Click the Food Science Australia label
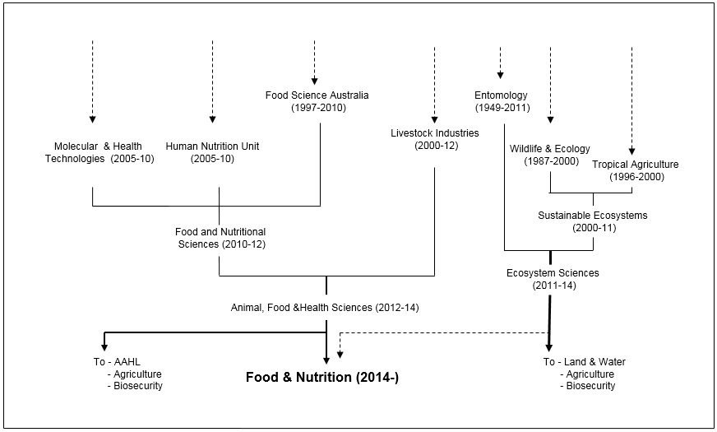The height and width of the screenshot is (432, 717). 317,101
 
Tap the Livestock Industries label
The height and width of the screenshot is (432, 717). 435,139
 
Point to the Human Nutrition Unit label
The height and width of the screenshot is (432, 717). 212,152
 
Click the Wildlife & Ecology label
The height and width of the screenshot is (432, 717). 549,155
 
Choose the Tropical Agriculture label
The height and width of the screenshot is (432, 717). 635,170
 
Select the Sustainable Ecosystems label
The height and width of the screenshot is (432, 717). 593,221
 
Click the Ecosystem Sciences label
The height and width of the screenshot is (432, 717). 553,279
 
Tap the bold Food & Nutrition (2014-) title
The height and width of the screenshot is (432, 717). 322,377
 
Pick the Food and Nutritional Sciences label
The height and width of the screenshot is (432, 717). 220,238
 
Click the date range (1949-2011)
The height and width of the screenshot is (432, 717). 502,108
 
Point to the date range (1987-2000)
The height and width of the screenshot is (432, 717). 552,161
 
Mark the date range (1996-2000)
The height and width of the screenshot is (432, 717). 636,177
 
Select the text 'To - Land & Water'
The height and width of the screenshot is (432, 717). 585,362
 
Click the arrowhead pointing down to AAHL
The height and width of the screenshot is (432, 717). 104,347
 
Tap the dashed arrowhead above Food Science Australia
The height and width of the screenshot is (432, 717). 315,81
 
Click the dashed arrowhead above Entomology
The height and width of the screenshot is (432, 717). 500,75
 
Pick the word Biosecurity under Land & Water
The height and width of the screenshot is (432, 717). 590,386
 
